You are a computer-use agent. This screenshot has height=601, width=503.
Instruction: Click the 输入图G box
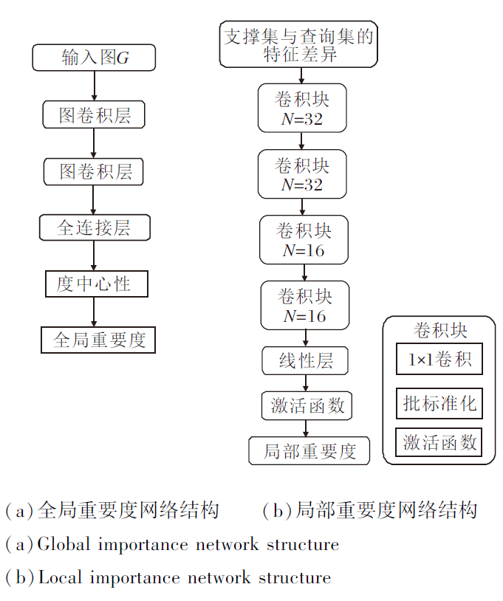click(x=95, y=58)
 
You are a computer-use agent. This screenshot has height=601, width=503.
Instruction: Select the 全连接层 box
click(x=95, y=227)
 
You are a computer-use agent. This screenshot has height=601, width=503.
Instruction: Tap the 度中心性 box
click(x=95, y=284)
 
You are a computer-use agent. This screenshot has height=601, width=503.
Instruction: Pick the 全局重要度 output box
click(x=98, y=340)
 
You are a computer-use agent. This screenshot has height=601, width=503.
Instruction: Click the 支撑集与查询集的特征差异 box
click(x=298, y=45)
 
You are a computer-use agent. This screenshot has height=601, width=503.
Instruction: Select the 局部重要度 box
click(x=309, y=450)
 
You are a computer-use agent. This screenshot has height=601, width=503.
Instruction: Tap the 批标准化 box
click(x=439, y=403)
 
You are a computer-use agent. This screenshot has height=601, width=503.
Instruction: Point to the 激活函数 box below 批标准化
click(x=439, y=443)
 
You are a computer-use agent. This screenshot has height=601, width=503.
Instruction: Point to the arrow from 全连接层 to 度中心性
click(x=94, y=255)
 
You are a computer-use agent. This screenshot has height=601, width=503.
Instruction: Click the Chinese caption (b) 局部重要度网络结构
click(x=369, y=510)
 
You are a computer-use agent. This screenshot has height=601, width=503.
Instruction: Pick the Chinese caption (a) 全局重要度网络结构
click(x=112, y=510)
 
